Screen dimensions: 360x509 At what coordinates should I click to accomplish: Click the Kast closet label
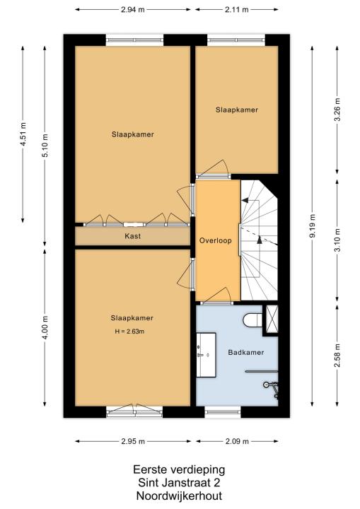click(132, 236)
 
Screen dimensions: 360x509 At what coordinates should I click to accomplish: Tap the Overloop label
click(216, 240)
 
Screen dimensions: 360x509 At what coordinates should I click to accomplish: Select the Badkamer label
click(246, 352)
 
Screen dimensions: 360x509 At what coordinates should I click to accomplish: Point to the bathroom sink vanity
click(207, 355)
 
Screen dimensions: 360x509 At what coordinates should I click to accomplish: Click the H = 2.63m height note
click(129, 332)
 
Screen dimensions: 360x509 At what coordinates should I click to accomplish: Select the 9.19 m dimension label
click(312, 226)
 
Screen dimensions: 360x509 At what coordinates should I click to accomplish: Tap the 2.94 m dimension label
click(132, 9)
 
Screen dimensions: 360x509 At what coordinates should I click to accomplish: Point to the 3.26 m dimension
click(337, 110)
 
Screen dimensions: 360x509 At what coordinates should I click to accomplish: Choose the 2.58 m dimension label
click(337, 356)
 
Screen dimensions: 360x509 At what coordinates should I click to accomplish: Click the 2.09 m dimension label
click(237, 441)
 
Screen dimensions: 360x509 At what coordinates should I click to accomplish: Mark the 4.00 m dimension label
click(45, 327)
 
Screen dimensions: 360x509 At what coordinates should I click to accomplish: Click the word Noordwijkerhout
click(179, 496)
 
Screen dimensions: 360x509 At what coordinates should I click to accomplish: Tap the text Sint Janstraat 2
click(179, 483)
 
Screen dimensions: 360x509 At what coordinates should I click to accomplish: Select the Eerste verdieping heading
click(179, 469)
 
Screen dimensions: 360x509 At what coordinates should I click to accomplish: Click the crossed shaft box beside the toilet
click(272, 318)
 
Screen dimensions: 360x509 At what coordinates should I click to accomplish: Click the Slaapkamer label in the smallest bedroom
click(237, 110)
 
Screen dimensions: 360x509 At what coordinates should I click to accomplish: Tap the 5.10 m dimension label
click(45, 146)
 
